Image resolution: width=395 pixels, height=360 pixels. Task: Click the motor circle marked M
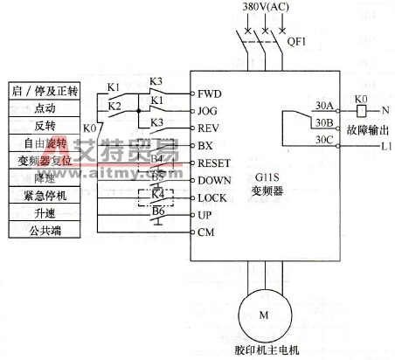coord(260,313)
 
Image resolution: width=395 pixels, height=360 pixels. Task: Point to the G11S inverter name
coord(261,176)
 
